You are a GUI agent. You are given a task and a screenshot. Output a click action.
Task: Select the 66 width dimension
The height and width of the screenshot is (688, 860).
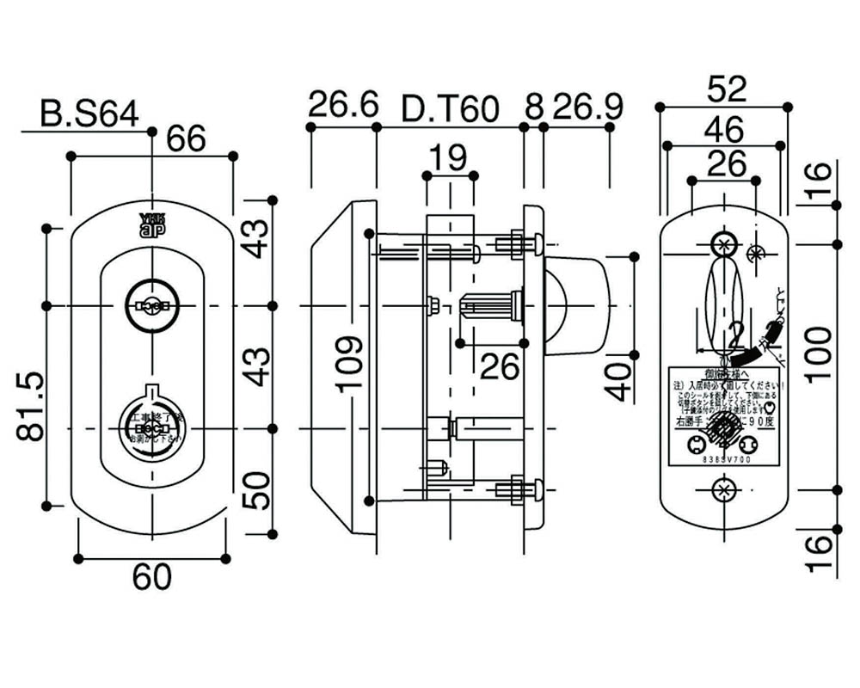pyautogui.click(x=186, y=139)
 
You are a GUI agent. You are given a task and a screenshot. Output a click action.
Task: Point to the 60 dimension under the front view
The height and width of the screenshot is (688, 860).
pyautogui.click(x=151, y=577)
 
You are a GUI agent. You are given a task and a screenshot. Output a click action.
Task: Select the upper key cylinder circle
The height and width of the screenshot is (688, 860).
pyautogui.click(x=151, y=305)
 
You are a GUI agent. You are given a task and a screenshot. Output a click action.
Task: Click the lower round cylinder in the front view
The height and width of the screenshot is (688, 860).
pyautogui.click(x=151, y=427)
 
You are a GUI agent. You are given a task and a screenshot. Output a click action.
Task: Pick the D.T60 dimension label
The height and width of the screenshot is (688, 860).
pyautogui.click(x=451, y=109)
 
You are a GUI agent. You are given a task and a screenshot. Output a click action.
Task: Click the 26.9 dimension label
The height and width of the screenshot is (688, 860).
pyautogui.click(x=587, y=107)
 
